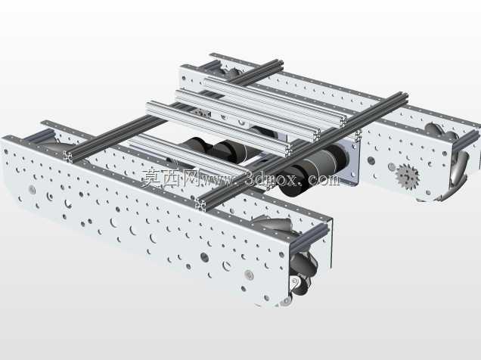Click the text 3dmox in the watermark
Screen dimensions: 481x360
[272, 179]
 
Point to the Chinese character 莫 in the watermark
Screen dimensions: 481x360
[151, 178]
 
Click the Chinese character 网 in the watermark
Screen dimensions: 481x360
[189, 178]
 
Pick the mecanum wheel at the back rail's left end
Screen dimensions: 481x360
[231, 73]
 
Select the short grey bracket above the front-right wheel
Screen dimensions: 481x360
[310, 235]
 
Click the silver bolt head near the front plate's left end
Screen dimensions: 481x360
[33, 189]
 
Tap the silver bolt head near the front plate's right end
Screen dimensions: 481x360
[250, 275]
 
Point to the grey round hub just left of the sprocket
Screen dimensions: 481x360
[392, 167]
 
